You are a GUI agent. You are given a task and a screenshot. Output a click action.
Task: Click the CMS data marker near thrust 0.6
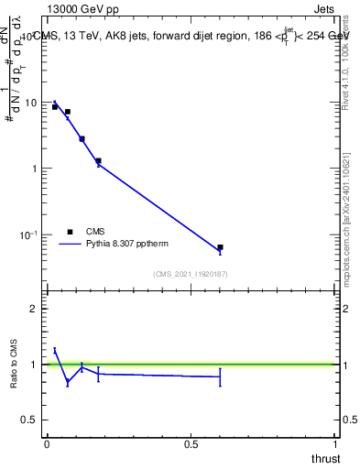point(220,247)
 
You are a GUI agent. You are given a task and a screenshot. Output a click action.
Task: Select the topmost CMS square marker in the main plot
point(55,107)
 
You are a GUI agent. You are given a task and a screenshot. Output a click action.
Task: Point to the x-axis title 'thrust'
point(325,457)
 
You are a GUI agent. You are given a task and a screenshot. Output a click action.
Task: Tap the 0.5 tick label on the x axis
point(191,443)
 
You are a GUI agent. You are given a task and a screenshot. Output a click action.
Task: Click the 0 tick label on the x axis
point(47,443)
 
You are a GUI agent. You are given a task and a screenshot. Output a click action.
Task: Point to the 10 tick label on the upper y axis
point(32,103)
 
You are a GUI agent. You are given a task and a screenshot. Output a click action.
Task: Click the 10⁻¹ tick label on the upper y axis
point(29,235)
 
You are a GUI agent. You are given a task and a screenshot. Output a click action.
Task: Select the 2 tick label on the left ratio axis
point(34,309)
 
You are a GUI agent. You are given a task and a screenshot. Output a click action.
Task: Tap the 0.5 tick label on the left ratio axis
point(30,420)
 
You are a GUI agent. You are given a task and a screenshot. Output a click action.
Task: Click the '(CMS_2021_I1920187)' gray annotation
point(191,273)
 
